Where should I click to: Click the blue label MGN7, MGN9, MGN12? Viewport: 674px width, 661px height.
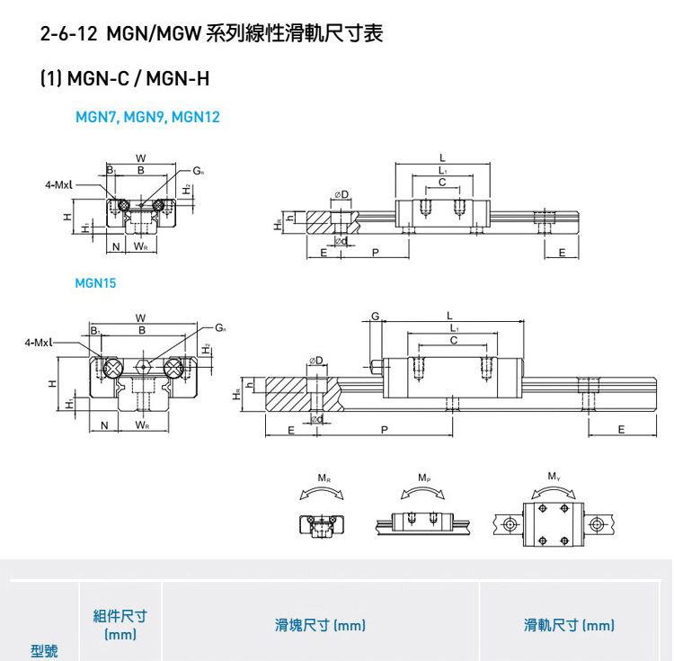tap(147, 117)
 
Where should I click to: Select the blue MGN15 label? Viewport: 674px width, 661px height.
tap(95, 282)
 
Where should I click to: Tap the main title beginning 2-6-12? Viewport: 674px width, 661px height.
tap(212, 35)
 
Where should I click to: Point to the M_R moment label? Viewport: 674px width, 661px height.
tap(324, 477)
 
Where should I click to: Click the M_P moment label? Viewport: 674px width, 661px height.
tap(423, 477)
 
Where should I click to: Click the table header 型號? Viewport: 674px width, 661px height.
tap(44, 650)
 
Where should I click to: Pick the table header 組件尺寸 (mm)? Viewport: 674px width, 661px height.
tap(120, 625)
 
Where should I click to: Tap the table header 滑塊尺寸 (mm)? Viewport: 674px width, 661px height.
tap(320, 625)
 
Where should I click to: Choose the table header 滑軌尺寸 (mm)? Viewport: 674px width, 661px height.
tap(570, 625)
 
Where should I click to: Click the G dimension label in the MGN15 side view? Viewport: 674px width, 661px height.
tap(375, 316)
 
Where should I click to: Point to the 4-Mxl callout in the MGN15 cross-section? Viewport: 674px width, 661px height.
tap(39, 343)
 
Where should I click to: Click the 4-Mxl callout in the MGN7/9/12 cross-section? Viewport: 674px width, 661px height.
tap(58, 184)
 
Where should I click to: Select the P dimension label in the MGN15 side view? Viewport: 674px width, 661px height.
tap(385, 430)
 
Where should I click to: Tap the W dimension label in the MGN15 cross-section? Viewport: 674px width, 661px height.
tap(141, 317)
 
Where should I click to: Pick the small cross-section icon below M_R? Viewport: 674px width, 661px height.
tap(321, 523)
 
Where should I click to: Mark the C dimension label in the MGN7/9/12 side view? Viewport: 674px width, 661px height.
tap(442, 182)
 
